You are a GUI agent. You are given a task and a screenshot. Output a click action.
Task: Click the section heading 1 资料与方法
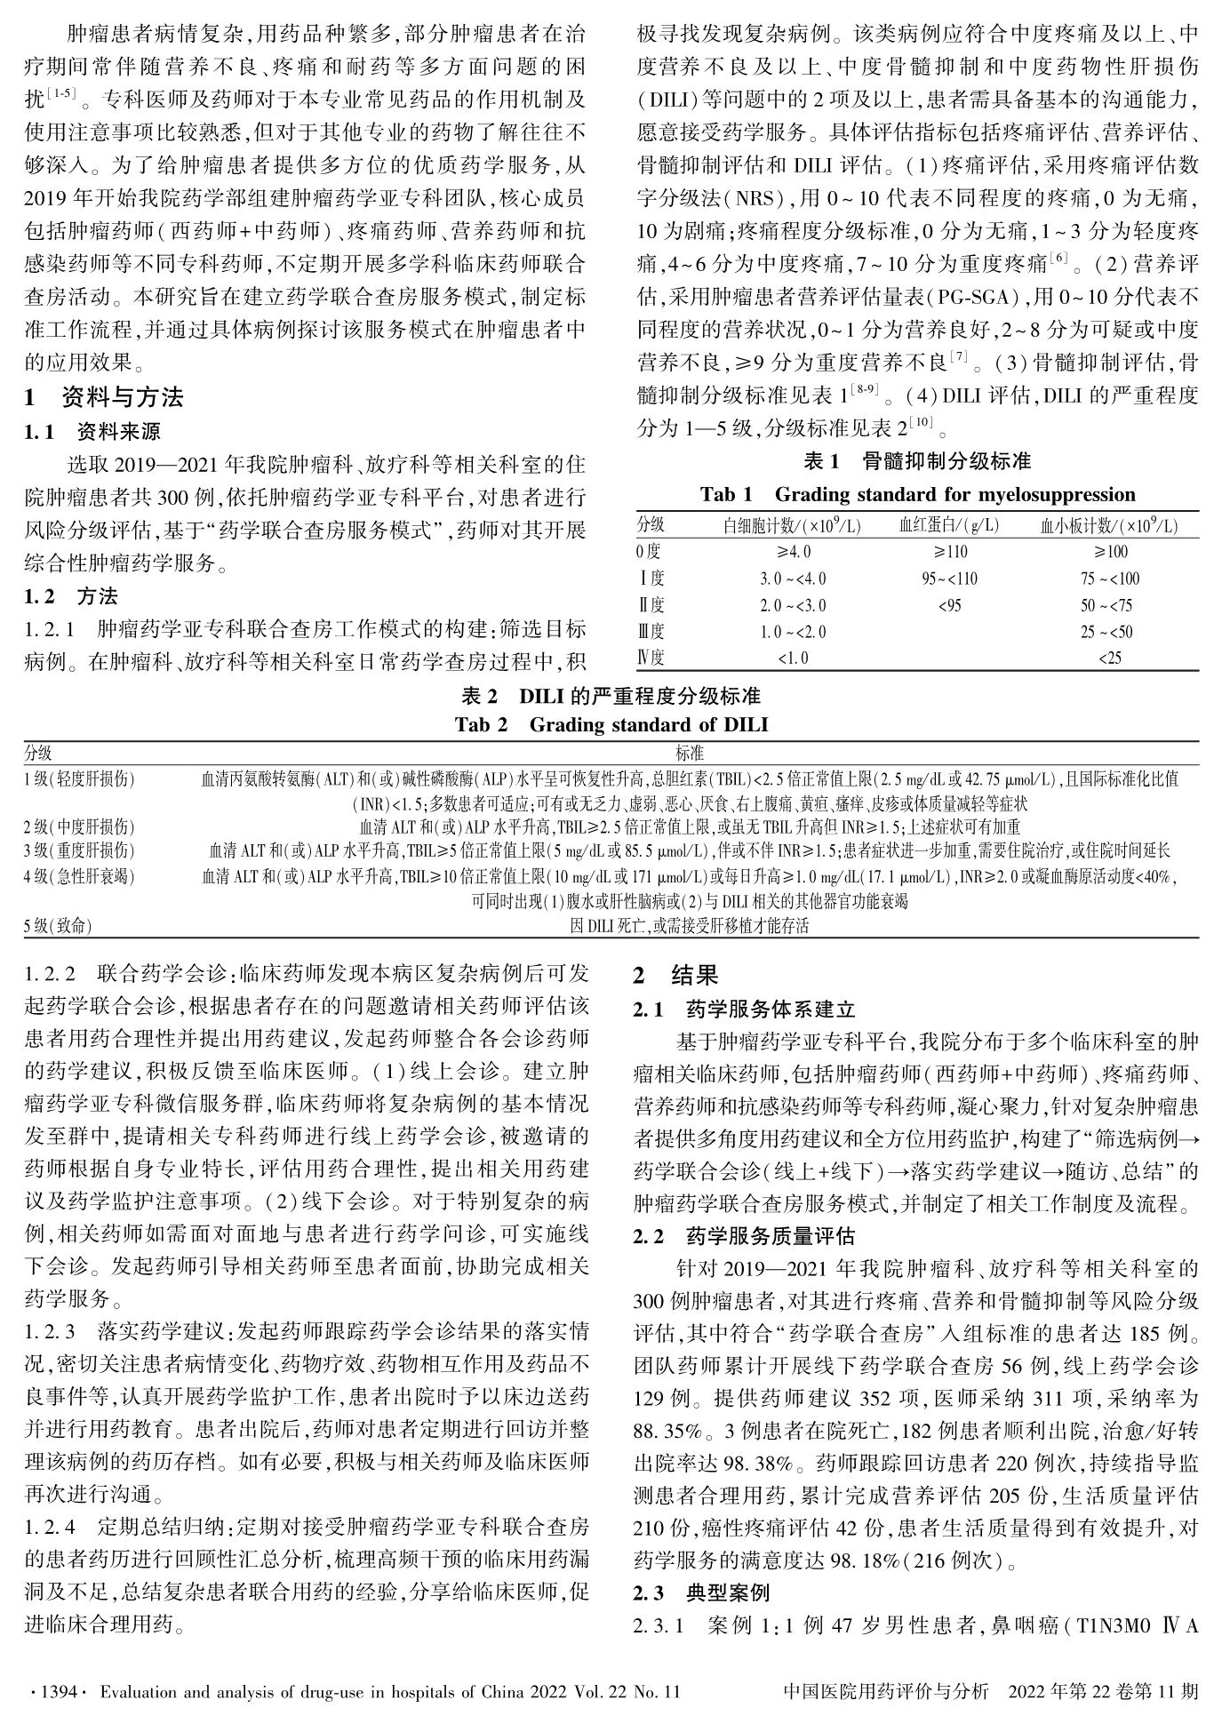[x=104, y=397]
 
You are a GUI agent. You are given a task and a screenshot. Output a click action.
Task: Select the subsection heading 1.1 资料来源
[x=92, y=433]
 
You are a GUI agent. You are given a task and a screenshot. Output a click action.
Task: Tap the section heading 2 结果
[x=675, y=975]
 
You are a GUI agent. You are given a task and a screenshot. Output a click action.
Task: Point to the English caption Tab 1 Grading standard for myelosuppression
[x=917, y=494]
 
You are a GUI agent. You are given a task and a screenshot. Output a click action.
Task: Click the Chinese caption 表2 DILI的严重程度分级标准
[x=611, y=695]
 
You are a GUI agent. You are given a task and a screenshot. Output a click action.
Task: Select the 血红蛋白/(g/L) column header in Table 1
[x=949, y=525]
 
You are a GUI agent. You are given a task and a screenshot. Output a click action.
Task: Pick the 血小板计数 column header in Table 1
[x=1109, y=525]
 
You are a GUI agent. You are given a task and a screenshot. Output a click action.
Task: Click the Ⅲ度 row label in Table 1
[x=651, y=632]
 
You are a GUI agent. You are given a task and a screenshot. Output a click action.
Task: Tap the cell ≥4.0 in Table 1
[x=793, y=552]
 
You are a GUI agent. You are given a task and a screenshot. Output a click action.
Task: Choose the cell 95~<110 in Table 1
[x=949, y=579]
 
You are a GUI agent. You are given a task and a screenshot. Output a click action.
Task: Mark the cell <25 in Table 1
[x=1109, y=658]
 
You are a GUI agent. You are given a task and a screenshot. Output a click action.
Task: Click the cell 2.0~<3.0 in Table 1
[x=793, y=605]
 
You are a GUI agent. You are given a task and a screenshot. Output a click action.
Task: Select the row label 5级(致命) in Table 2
[x=58, y=925]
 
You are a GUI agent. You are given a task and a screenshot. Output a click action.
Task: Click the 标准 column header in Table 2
[x=690, y=754]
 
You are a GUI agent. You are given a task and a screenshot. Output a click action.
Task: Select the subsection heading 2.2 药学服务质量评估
[x=743, y=1236]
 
